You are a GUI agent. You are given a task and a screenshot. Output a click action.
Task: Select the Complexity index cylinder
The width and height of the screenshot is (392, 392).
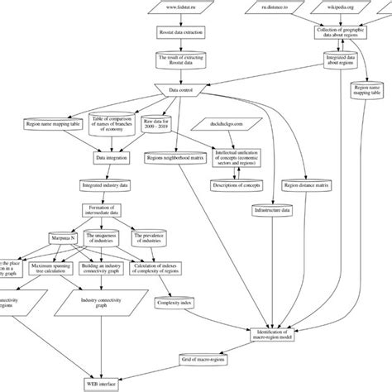coord(176,304)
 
